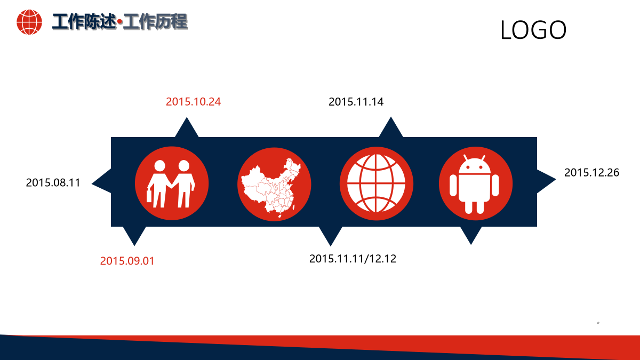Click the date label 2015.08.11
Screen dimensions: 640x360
[53, 183]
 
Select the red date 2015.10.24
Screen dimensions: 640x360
[194, 102]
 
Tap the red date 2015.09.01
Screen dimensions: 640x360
[127, 261]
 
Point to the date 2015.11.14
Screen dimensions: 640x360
[356, 102]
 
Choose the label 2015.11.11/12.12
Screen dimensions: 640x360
[353, 259]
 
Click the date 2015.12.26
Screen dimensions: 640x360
[591, 173]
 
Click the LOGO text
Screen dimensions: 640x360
[533, 30]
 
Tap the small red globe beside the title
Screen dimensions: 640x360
[29, 22]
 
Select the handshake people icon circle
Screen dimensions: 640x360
[172, 183]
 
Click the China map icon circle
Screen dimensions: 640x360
[274, 184]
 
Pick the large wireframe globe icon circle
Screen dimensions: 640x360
[377, 183]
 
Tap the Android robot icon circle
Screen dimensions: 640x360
[476, 183]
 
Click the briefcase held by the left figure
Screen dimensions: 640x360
[149, 196]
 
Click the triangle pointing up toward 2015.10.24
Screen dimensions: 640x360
[187, 127]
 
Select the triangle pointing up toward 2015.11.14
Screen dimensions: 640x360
[391, 127]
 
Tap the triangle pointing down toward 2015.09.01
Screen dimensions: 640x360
[134, 236]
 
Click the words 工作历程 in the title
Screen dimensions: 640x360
[155, 22]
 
